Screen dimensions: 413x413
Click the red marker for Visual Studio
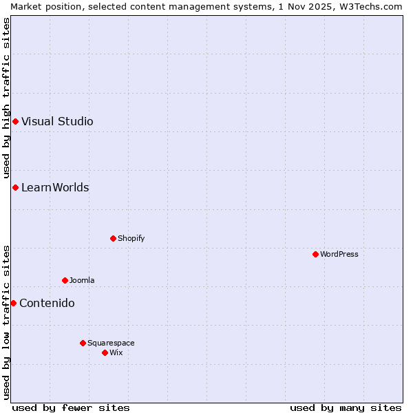[x=15, y=122]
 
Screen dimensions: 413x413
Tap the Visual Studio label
[x=57, y=122]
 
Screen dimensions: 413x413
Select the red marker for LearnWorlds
[x=15, y=188]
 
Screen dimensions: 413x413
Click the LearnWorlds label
[x=55, y=188]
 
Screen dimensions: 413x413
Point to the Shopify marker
[x=113, y=239]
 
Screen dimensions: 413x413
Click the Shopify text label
[x=131, y=239]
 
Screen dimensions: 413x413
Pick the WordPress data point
[x=315, y=255]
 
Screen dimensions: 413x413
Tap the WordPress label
[x=339, y=255]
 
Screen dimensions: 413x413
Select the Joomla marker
[x=65, y=281]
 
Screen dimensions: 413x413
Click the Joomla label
[x=82, y=281]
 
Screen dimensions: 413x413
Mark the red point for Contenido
[x=13, y=304]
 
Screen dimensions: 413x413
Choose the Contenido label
[x=47, y=304]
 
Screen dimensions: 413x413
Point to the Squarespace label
[x=111, y=343]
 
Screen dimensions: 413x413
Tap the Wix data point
[x=105, y=353]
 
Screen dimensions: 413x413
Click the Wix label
[x=116, y=353]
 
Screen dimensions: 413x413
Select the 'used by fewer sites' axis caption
[x=71, y=407]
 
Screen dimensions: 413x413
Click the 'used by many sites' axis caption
[x=346, y=407]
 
